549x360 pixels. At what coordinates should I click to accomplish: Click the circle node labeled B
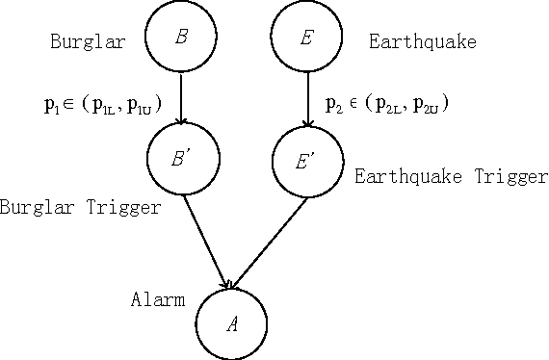point(180,37)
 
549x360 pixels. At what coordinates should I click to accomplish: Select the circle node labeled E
point(307,37)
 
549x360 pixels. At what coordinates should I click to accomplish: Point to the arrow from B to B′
point(181,99)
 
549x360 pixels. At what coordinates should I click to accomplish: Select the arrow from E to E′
point(307,99)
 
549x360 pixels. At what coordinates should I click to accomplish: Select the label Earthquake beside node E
point(422,41)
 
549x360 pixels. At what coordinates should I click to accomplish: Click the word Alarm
point(157,299)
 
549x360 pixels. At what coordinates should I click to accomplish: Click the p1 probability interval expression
point(102,104)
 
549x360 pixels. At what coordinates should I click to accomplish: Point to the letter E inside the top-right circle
point(307,37)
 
